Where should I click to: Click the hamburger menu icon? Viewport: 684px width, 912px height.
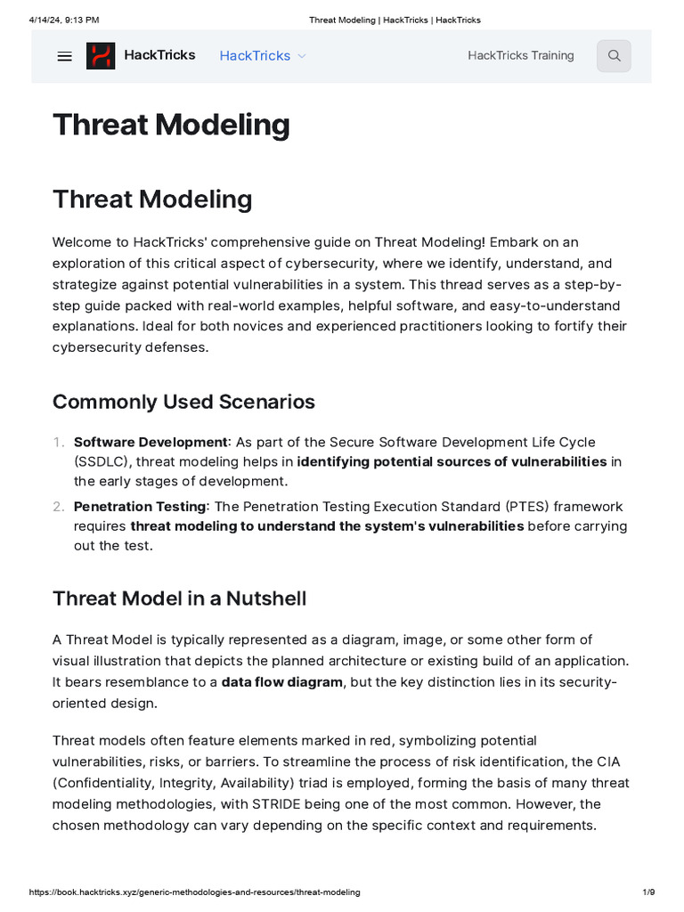[64, 56]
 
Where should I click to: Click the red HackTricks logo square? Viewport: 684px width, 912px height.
[101, 56]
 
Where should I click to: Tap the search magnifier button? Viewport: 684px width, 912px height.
[614, 56]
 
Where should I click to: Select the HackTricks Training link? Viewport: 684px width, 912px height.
[521, 55]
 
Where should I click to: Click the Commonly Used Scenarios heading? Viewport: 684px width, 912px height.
[183, 402]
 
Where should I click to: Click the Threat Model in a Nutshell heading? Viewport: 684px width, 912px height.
[179, 598]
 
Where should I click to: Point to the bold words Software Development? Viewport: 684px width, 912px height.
[151, 442]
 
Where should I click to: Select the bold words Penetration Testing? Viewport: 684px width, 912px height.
[140, 506]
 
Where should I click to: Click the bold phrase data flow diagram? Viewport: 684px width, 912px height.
[281, 682]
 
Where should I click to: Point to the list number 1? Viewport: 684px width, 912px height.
[59, 442]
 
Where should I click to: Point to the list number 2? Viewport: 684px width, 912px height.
[59, 506]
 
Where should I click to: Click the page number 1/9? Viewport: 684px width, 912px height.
[648, 892]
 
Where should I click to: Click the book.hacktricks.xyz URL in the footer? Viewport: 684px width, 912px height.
[194, 892]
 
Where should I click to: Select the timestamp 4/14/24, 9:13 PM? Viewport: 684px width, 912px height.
[64, 20]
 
